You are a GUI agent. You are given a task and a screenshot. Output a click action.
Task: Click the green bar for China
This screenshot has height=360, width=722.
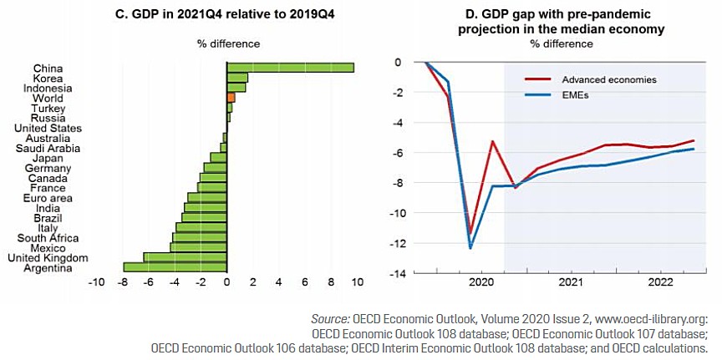tap(290, 68)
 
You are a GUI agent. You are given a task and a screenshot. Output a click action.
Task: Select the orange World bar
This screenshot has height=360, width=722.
tap(231, 98)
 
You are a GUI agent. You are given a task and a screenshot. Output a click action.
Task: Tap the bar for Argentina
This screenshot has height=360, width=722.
tap(175, 267)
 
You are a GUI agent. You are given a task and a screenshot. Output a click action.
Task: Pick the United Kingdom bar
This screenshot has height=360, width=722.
tap(185, 257)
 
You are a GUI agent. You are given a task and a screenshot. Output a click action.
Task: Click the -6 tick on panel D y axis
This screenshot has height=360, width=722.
tap(399, 152)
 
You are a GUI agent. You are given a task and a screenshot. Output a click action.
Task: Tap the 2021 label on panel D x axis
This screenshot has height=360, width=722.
tap(571, 282)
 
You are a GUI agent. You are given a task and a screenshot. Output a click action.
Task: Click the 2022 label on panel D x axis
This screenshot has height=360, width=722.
tap(660, 282)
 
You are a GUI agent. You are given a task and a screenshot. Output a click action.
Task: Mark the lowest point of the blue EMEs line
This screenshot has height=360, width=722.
tap(470, 248)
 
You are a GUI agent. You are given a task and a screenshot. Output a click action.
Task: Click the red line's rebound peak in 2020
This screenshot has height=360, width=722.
tap(493, 141)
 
